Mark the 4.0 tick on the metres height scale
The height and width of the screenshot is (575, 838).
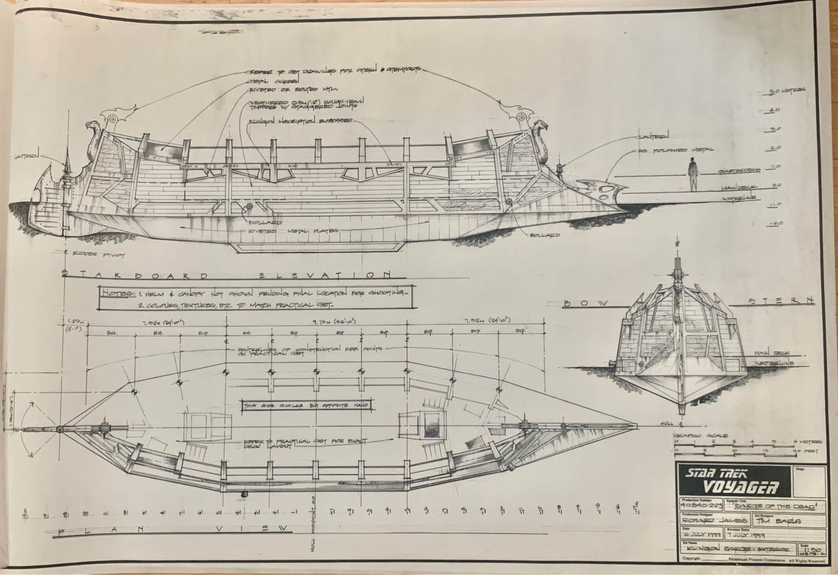774,110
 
